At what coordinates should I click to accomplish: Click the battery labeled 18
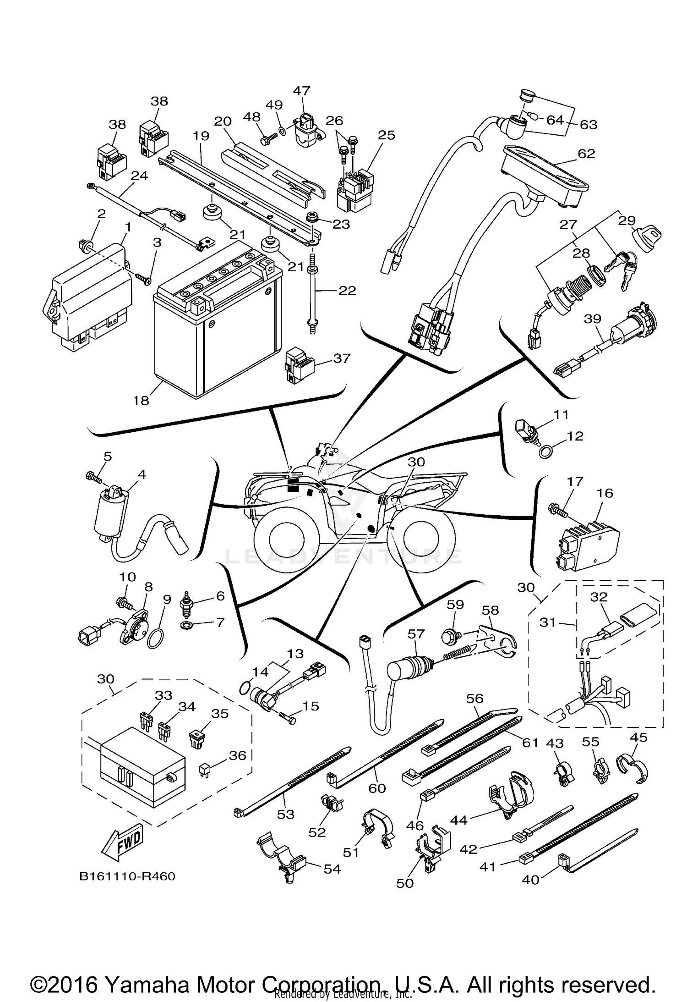tap(215, 330)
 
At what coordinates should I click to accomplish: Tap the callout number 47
tap(302, 91)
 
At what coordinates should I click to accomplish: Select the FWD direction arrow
tap(122, 842)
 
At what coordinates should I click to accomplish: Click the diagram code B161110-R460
tap(127, 876)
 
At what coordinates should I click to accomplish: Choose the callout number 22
tap(347, 291)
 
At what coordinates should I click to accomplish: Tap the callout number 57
tap(416, 634)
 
